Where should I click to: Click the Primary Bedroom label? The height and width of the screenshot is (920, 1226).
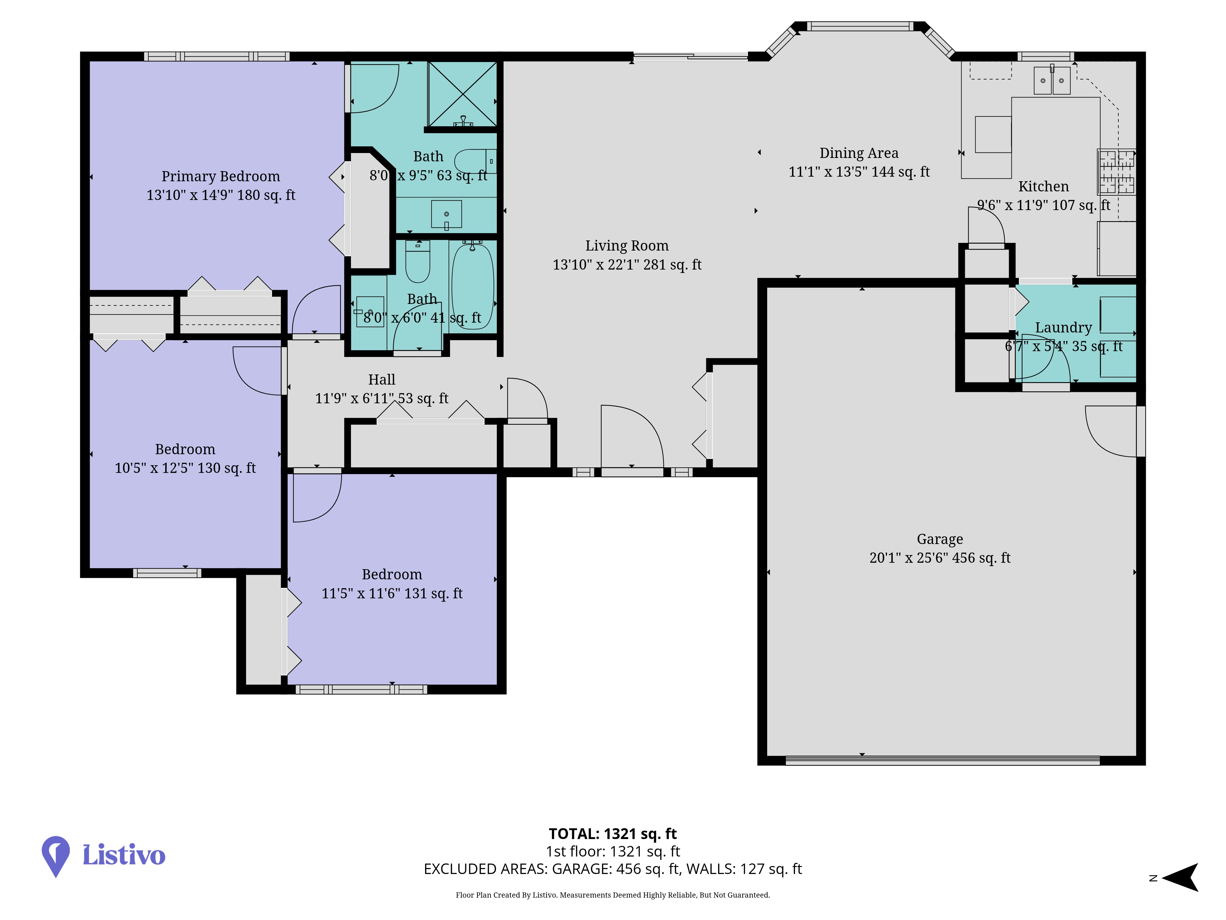(221, 176)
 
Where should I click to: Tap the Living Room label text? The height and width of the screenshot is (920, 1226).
(627, 246)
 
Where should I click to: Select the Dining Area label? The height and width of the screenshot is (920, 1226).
(859, 153)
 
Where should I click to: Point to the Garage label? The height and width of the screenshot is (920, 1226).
(940, 539)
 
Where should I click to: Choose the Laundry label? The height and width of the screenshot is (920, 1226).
(1064, 328)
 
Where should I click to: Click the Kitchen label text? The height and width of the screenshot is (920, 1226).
(1044, 186)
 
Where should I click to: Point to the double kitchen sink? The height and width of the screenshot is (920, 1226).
(1052, 80)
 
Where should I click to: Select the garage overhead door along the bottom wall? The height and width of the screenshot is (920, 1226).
(942, 760)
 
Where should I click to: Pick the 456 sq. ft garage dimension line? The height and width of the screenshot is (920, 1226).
(940, 558)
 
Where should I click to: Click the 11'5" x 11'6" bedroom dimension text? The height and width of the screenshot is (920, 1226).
(392, 593)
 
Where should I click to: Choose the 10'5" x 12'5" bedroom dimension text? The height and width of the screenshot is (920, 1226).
(185, 468)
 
